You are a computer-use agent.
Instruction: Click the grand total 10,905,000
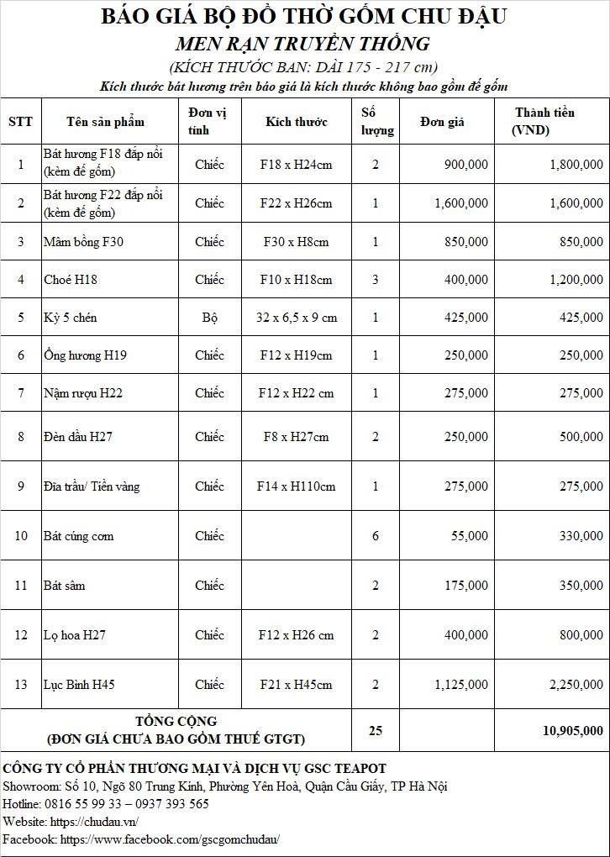pyautogui.click(x=573, y=731)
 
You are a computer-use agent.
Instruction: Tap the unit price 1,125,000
pyautogui.click(x=461, y=685)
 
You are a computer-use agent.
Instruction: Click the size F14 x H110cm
pyautogui.click(x=296, y=486)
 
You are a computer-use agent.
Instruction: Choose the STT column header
pyautogui.click(x=21, y=122)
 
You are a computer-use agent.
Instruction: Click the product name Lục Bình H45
pyautogui.click(x=79, y=685)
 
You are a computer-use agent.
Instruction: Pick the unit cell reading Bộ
pyautogui.click(x=209, y=318)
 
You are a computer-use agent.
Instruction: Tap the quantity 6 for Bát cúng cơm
pyautogui.click(x=376, y=536)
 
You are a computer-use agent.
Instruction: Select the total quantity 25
pyautogui.click(x=376, y=731)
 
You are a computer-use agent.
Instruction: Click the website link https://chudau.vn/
pyautogui.click(x=94, y=822)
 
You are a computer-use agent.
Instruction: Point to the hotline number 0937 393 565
pyautogui.click(x=168, y=804)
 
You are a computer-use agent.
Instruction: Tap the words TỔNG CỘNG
pyautogui.click(x=176, y=722)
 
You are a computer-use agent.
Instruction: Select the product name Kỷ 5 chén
pyautogui.click(x=71, y=318)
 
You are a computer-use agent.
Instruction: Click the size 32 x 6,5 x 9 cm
pyautogui.click(x=296, y=318)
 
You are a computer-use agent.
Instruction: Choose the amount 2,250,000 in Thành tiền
pyautogui.click(x=576, y=685)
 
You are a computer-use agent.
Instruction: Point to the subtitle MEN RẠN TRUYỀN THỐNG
pyautogui.click(x=303, y=44)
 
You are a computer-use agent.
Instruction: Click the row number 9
pyautogui.click(x=21, y=486)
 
